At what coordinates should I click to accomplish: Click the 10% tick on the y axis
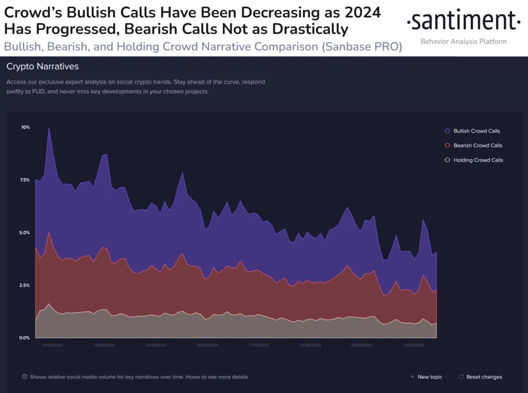click(25, 127)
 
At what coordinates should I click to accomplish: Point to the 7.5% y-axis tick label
click(25, 180)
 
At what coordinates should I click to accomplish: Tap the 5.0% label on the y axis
click(25, 233)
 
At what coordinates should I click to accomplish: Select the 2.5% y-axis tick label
click(25, 285)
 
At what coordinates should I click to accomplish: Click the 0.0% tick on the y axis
click(25, 338)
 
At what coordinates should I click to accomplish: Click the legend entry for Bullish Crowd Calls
click(476, 131)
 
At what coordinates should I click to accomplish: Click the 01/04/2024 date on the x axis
click(53, 345)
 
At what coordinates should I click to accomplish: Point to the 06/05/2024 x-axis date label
click(207, 345)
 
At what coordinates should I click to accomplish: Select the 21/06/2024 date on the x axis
click(413, 345)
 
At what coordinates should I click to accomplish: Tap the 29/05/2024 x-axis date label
click(310, 345)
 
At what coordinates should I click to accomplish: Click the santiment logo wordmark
click(463, 21)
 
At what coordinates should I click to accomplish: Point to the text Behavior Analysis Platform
click(464, 41)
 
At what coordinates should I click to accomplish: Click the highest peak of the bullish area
click(49, 128)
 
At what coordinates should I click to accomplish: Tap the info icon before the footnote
click(25, 377)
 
